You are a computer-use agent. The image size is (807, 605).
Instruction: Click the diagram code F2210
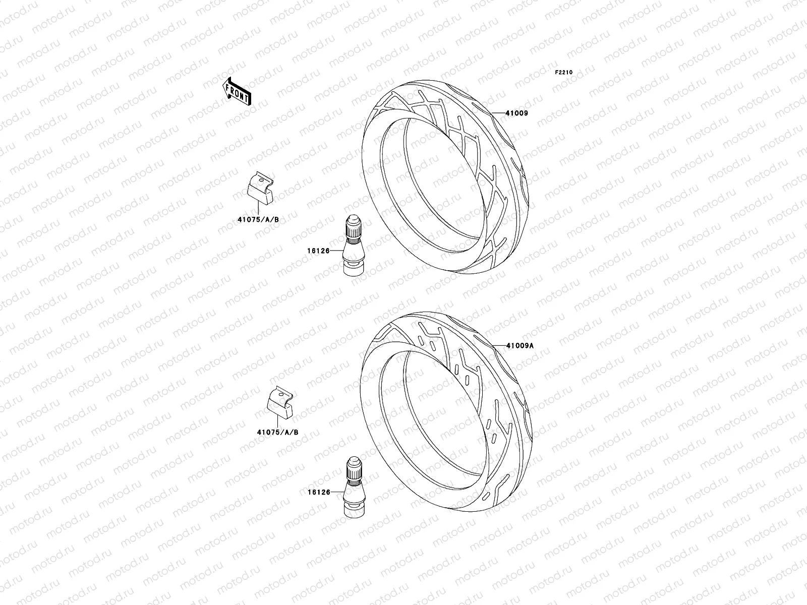tap(564, 73)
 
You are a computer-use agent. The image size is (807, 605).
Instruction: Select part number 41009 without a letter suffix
tap(516, 113)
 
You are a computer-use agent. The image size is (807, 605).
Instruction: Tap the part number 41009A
tap(521, 346)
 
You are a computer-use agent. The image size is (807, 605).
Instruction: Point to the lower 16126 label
tap(318, 492)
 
